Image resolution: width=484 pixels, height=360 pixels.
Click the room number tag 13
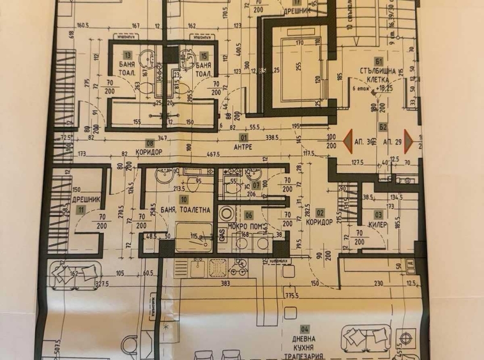(128, 56)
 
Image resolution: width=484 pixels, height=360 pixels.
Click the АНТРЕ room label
(242, 147)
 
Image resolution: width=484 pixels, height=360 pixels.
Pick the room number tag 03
(379, 214)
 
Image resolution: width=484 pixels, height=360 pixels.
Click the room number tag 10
(183, 200)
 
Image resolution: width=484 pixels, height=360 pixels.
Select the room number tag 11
(80, 209)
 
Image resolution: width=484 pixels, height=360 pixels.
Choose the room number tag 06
(249, 216)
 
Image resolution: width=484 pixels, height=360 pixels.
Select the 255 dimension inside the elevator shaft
(298, 66)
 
